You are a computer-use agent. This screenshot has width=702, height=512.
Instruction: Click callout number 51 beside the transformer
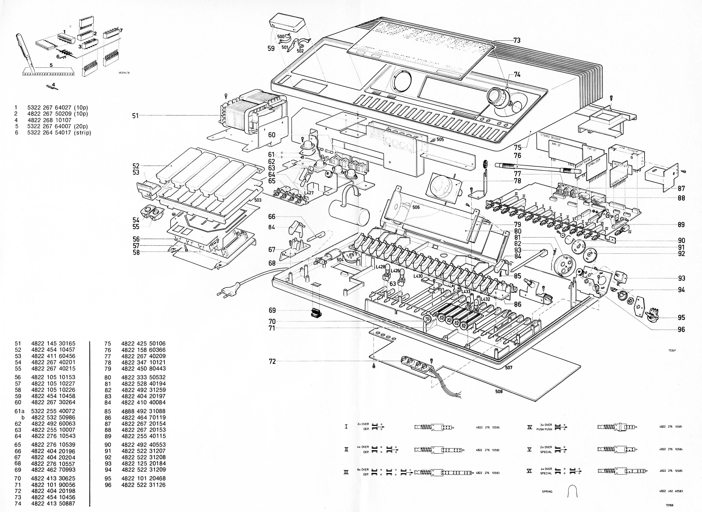[135, 116]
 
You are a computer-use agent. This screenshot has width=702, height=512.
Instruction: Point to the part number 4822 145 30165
[53, 343]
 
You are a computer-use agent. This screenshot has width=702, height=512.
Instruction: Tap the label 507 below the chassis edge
[508, 368]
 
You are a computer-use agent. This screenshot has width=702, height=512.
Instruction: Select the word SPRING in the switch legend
[547, 492]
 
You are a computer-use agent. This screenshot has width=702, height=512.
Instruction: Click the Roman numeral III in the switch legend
[346, 472]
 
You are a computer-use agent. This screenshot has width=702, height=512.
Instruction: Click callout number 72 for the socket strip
[272, 361]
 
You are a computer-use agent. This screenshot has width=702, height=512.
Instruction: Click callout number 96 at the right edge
[681, 330]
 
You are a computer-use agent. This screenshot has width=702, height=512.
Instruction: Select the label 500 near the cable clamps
[281, 37]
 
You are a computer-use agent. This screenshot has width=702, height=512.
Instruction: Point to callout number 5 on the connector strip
[51, 65]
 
